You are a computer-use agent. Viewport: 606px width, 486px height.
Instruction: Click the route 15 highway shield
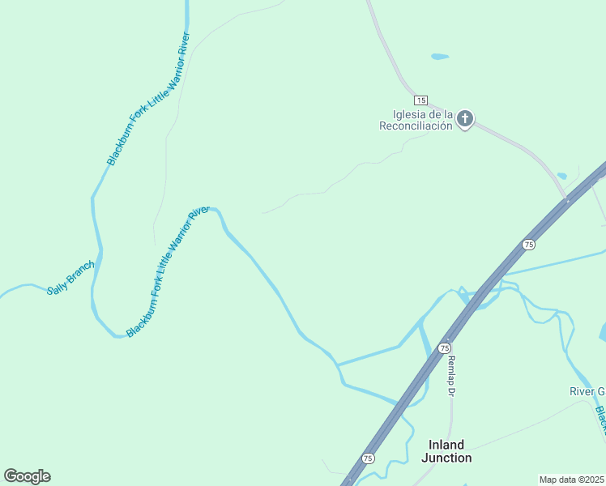[x=420, y=100]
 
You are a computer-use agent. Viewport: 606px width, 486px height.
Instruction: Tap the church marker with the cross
[x=465, y=119]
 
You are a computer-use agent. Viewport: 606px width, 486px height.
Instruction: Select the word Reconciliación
[x=416, y=126]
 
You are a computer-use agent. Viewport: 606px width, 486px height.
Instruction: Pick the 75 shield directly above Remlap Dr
[x=444, y=347]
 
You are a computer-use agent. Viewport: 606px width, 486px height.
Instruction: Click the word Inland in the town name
[x=446, y=445]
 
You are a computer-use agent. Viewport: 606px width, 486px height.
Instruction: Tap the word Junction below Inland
[x=446, y=458]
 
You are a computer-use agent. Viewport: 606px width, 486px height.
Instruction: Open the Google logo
[x=27, y=476]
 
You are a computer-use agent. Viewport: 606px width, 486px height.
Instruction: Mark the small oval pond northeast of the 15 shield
[x=440, y=57]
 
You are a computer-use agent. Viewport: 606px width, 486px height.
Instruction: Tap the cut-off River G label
[x=587, y=392]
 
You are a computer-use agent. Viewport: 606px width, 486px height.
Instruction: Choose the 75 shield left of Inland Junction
[x=369, y=458]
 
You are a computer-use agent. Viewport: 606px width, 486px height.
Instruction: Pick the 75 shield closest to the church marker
[x=529, y=245]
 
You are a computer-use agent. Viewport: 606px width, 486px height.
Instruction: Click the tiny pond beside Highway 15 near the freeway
[x=561, y=176]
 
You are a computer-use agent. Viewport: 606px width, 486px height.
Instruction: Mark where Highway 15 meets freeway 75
[x=569, y=199]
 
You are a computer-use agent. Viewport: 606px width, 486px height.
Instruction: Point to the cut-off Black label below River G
[x=600, y=420]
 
